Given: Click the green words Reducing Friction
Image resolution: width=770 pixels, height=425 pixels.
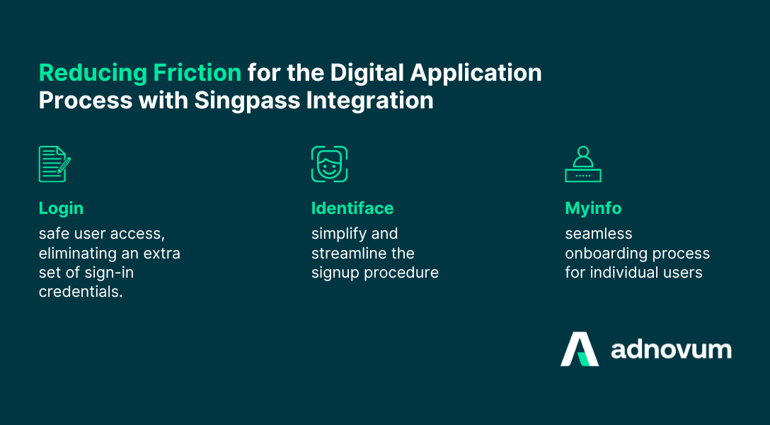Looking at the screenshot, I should [139, 72].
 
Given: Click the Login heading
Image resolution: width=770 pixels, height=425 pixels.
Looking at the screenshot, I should [61, 208].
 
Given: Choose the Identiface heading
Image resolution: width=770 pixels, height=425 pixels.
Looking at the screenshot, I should [352, 208].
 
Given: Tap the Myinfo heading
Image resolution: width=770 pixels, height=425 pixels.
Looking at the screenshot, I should [593, 208].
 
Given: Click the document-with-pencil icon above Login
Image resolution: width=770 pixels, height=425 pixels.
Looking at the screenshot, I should [54, 164].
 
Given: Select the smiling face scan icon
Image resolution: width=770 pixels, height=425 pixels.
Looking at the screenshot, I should [329, 164].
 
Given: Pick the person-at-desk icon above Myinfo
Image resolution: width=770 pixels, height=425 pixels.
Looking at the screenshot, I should [582, 164].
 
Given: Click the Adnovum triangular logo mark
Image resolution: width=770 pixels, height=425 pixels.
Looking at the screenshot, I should [580, 349].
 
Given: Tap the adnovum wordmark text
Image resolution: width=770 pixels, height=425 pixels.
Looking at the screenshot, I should [671, 349].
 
